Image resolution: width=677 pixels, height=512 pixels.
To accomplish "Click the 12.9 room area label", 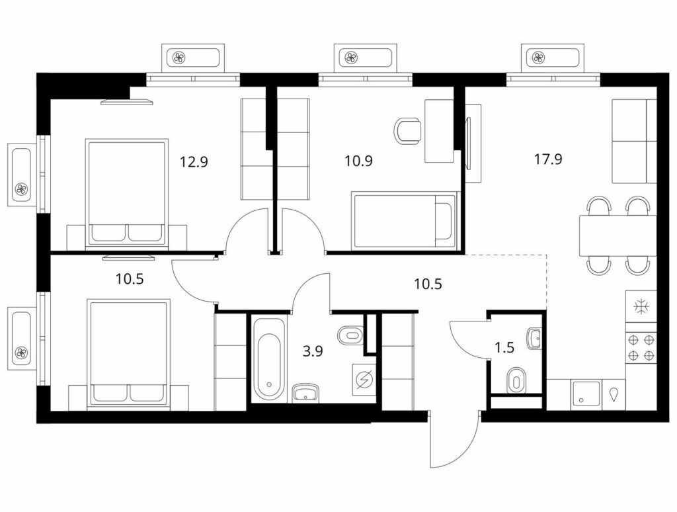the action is [194, 162].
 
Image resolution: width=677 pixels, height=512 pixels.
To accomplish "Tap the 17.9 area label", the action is [548, 159].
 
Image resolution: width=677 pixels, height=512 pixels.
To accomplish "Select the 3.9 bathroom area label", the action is [312, 351].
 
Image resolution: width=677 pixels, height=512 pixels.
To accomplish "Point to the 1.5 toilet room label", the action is [504, 347].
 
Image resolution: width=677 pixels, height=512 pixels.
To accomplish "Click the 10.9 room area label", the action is [358, 161].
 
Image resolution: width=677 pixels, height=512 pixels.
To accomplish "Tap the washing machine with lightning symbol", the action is [364, 379].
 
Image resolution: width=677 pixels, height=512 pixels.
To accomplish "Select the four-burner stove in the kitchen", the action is [641, 348].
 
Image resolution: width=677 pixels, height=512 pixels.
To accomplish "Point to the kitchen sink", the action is [586, 395].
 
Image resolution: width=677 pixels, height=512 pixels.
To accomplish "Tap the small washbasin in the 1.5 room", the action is [534, 338].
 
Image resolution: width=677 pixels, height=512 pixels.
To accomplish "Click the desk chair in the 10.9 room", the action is [407, 132].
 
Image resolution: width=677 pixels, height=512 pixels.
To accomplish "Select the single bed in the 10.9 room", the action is [404, 220].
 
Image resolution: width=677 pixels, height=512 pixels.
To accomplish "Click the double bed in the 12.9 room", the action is [126, 193].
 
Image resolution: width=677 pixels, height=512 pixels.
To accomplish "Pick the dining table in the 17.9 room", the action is [618, 235].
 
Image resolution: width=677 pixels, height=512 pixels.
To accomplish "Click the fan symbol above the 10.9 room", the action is [350, 57].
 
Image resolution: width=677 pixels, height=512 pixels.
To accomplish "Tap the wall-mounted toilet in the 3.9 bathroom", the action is [350, 335].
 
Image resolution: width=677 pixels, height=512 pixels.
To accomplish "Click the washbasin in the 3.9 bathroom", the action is [305, 392].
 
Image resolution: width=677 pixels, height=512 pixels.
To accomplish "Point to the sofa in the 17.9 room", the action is [634, 141].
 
